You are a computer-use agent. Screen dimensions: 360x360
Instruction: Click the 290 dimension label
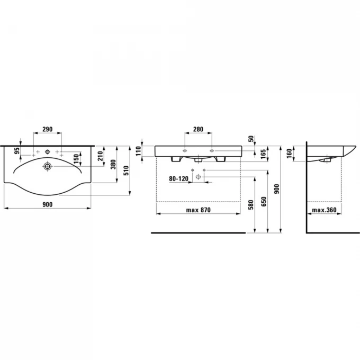(48, 129)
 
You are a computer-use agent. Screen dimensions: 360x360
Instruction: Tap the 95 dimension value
(17, 150)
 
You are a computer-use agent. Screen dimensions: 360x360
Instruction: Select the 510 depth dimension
(127, 170)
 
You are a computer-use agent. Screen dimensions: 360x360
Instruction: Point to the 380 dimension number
(113, 165)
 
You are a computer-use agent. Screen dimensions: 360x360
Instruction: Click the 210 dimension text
(100, 156)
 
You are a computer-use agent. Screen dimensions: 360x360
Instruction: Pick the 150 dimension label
(76, 159)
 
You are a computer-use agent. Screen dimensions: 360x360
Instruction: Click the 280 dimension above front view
(198, 129)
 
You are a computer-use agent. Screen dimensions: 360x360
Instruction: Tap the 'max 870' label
(198, 210)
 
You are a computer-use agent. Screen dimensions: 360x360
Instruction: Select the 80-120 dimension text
(178, 178)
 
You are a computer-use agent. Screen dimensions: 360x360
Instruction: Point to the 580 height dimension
(251, 205)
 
